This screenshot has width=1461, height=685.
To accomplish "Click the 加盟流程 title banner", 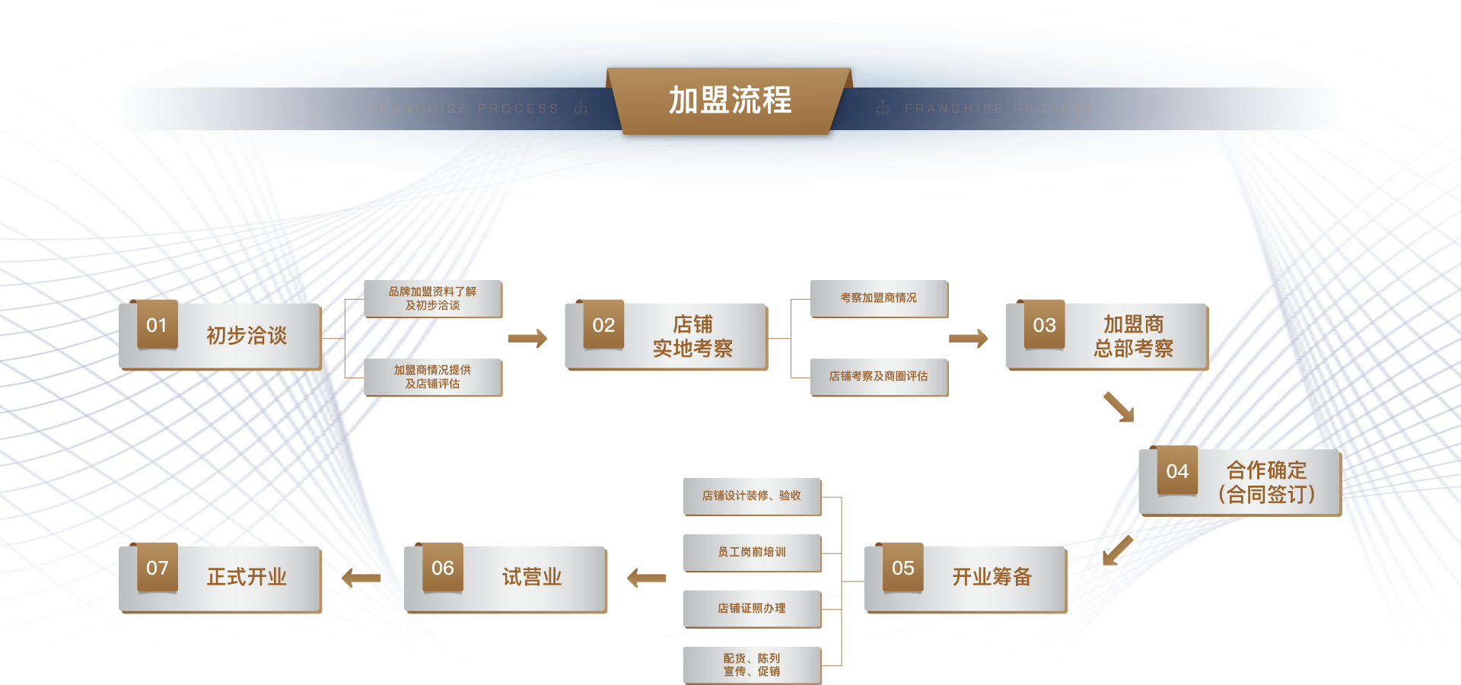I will click(729, 100).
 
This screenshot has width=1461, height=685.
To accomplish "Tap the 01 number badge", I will click(157, 325).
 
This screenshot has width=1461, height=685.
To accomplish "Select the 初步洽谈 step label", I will click(247, 336).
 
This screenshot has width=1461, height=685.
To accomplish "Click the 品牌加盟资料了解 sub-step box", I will click(432, 298).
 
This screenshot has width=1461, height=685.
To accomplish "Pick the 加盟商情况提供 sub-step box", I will click(432, 377).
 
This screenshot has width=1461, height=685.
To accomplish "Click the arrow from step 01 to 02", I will click(527, 338).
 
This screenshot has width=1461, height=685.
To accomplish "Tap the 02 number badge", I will click(603, 325).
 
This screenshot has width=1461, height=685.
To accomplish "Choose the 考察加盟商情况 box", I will click(878, 298).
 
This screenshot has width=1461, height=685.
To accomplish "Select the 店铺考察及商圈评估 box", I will click(878, 377).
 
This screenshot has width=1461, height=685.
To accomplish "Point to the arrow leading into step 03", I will click(968, 338).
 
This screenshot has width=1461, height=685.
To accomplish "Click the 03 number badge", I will click(1044, 325).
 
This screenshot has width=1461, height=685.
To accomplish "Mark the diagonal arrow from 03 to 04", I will click(1119, 406).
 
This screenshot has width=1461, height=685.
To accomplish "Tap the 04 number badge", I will click(1177, 471).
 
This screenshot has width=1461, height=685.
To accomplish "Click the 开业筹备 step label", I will click(992, 577).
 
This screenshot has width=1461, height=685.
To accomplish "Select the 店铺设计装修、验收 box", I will click(752, 496).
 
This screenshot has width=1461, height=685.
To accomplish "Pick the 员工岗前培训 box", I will click(752, 553).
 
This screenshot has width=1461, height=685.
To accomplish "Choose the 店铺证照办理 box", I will click(752, 609).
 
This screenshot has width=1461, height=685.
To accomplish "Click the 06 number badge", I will click(442, 568).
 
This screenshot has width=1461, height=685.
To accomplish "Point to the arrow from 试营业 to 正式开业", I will click(361, 578).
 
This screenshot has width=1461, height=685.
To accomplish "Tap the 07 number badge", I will click(157, 568).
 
